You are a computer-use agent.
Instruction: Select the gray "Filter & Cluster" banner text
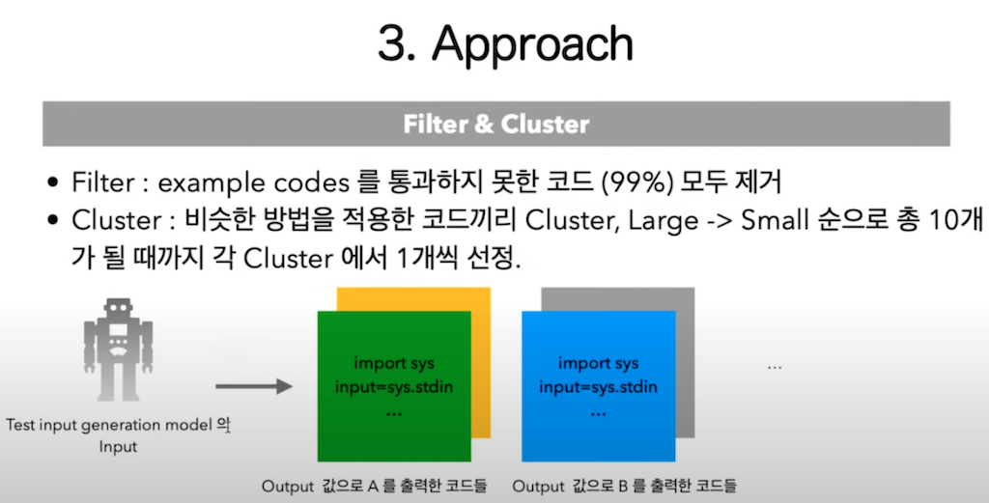point(495,125)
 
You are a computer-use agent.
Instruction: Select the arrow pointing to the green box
point(253,387)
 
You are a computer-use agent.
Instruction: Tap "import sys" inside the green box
point(393,364)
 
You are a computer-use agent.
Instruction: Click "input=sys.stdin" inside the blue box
point(598,387)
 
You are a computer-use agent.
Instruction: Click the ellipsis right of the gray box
point(774,368)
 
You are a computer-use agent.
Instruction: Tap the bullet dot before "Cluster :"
point(54,221)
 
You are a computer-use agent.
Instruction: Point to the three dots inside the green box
point(393,411)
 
